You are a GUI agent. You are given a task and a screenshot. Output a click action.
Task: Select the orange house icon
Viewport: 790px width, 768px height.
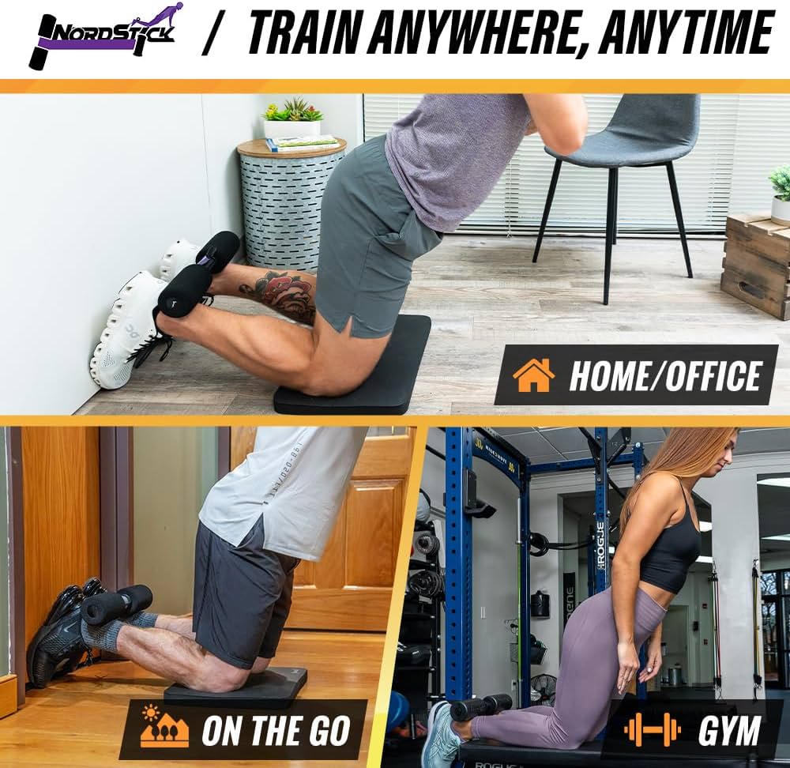coord(533,375)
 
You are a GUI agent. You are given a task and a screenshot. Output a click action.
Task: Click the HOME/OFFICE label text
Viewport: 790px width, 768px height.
coord(664,377)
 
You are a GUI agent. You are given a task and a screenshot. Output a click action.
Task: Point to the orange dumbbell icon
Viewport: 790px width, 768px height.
coord(652,729)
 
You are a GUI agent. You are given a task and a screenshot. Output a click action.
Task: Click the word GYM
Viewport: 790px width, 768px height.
coord(728,731)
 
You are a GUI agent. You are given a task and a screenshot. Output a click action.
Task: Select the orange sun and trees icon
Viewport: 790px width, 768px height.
coord(164,729)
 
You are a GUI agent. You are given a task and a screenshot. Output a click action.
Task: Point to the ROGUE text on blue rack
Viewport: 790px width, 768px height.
coord(600,545)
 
